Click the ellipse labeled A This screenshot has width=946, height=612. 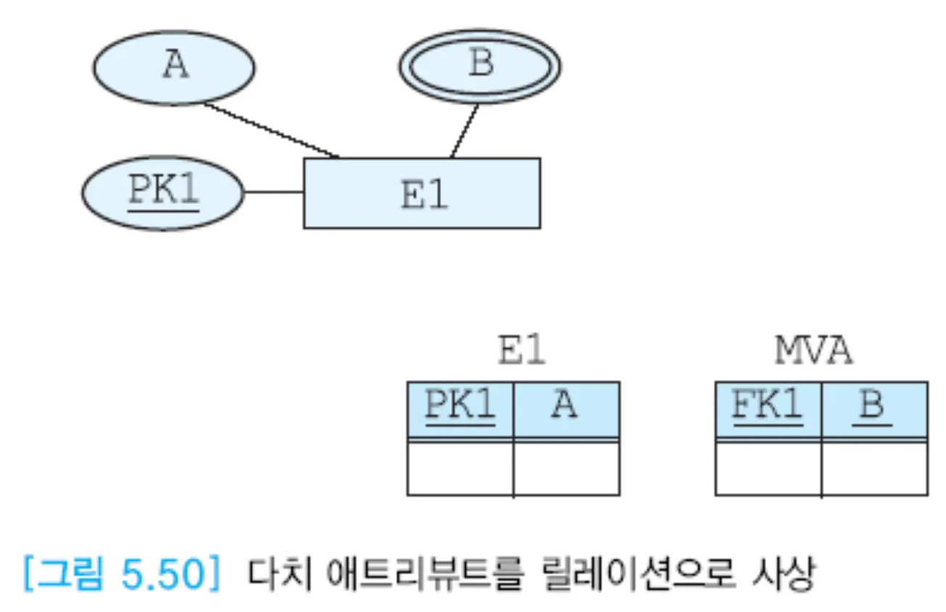[174, 66]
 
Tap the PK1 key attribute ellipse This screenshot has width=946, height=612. [163, 193]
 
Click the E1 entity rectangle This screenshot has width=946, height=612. [421, 193]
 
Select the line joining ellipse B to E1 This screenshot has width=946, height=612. [464, 131]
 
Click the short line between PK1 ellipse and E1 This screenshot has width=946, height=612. [273, 192]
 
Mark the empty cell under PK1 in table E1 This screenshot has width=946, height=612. [460, 468]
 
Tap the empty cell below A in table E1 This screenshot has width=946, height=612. [567, 468]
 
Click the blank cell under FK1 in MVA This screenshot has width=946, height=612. [768, 468]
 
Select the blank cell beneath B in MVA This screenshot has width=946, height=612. [874, 468]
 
